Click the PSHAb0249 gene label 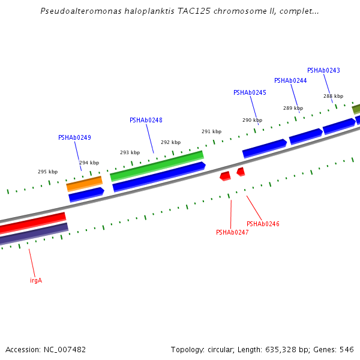click(x=74, y=138)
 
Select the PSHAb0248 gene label click(x=146, y=120)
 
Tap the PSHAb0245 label click(x=250, y=93)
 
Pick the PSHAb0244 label click(x=290, y=81)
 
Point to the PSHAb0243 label click(x=323, y=71)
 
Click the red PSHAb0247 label click(x=232, y=233)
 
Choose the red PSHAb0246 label click(x=263, y=224)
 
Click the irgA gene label click(x=36, y=280)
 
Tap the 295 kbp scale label click(x=48, y=172)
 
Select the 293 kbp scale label click(x=130, y=153)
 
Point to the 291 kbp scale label click(x=211, y=132)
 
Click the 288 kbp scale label click(x=333, y=97)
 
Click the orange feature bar click(x=84, y=182)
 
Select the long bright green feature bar click(x=157, y=165)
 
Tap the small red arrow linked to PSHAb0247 click(x=225, y=176)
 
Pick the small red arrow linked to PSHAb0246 click(x=241, y=172)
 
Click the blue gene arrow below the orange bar click(x=86, y=194)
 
